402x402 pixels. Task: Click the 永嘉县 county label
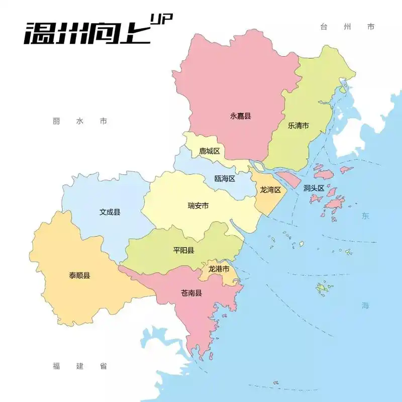pyautogui.click(x=240, y=116)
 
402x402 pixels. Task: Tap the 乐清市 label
pyautogui.click(x=298, y=126)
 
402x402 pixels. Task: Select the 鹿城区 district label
pyautogui.click(x=210, y=151)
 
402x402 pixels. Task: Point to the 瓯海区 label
pyautogui.click(x=225, y=179)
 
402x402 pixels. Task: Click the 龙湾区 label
pyautogui.click(x=270, y=190)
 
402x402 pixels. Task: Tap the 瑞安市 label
pyautogui.click(x=198, y=206)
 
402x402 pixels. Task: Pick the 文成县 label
pyautogui.click(x=110, y=212)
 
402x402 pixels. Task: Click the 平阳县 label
pyautogui.click(x=183, y=250)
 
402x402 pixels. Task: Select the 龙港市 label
pyautogui.click(x=219, y=269)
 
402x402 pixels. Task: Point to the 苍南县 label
pyautogui.click(x=191, y=293)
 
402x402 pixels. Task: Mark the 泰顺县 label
pyautogui.click(x=79, y=275)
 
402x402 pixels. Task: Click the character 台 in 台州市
pyautogui.click(x=324, y=27)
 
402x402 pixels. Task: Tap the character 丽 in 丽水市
pyautogui.click(x=56, y=121)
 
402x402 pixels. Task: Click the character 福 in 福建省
pyautogui.click(x=56, y=366)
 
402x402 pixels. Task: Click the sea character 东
pyautogui.click(x=365, y=216)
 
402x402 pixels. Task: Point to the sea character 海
pyautogui.click(x=365, y=305)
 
